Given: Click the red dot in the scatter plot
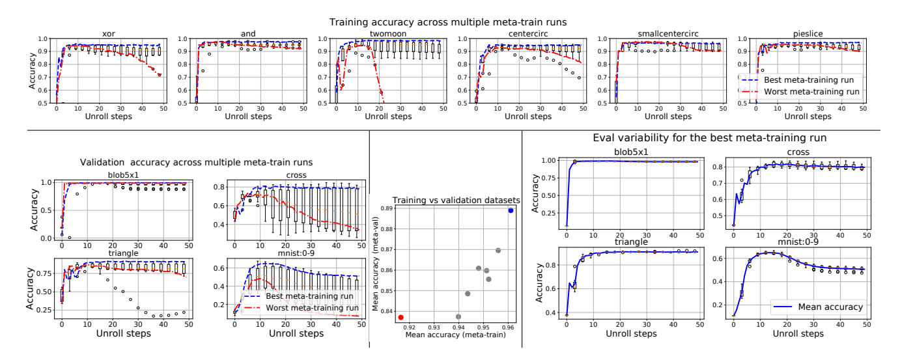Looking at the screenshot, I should click(x=401, y=317).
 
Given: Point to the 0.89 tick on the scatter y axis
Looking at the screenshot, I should click(x=386, y=208).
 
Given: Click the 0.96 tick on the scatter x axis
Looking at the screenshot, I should click(x=507, y=327).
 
